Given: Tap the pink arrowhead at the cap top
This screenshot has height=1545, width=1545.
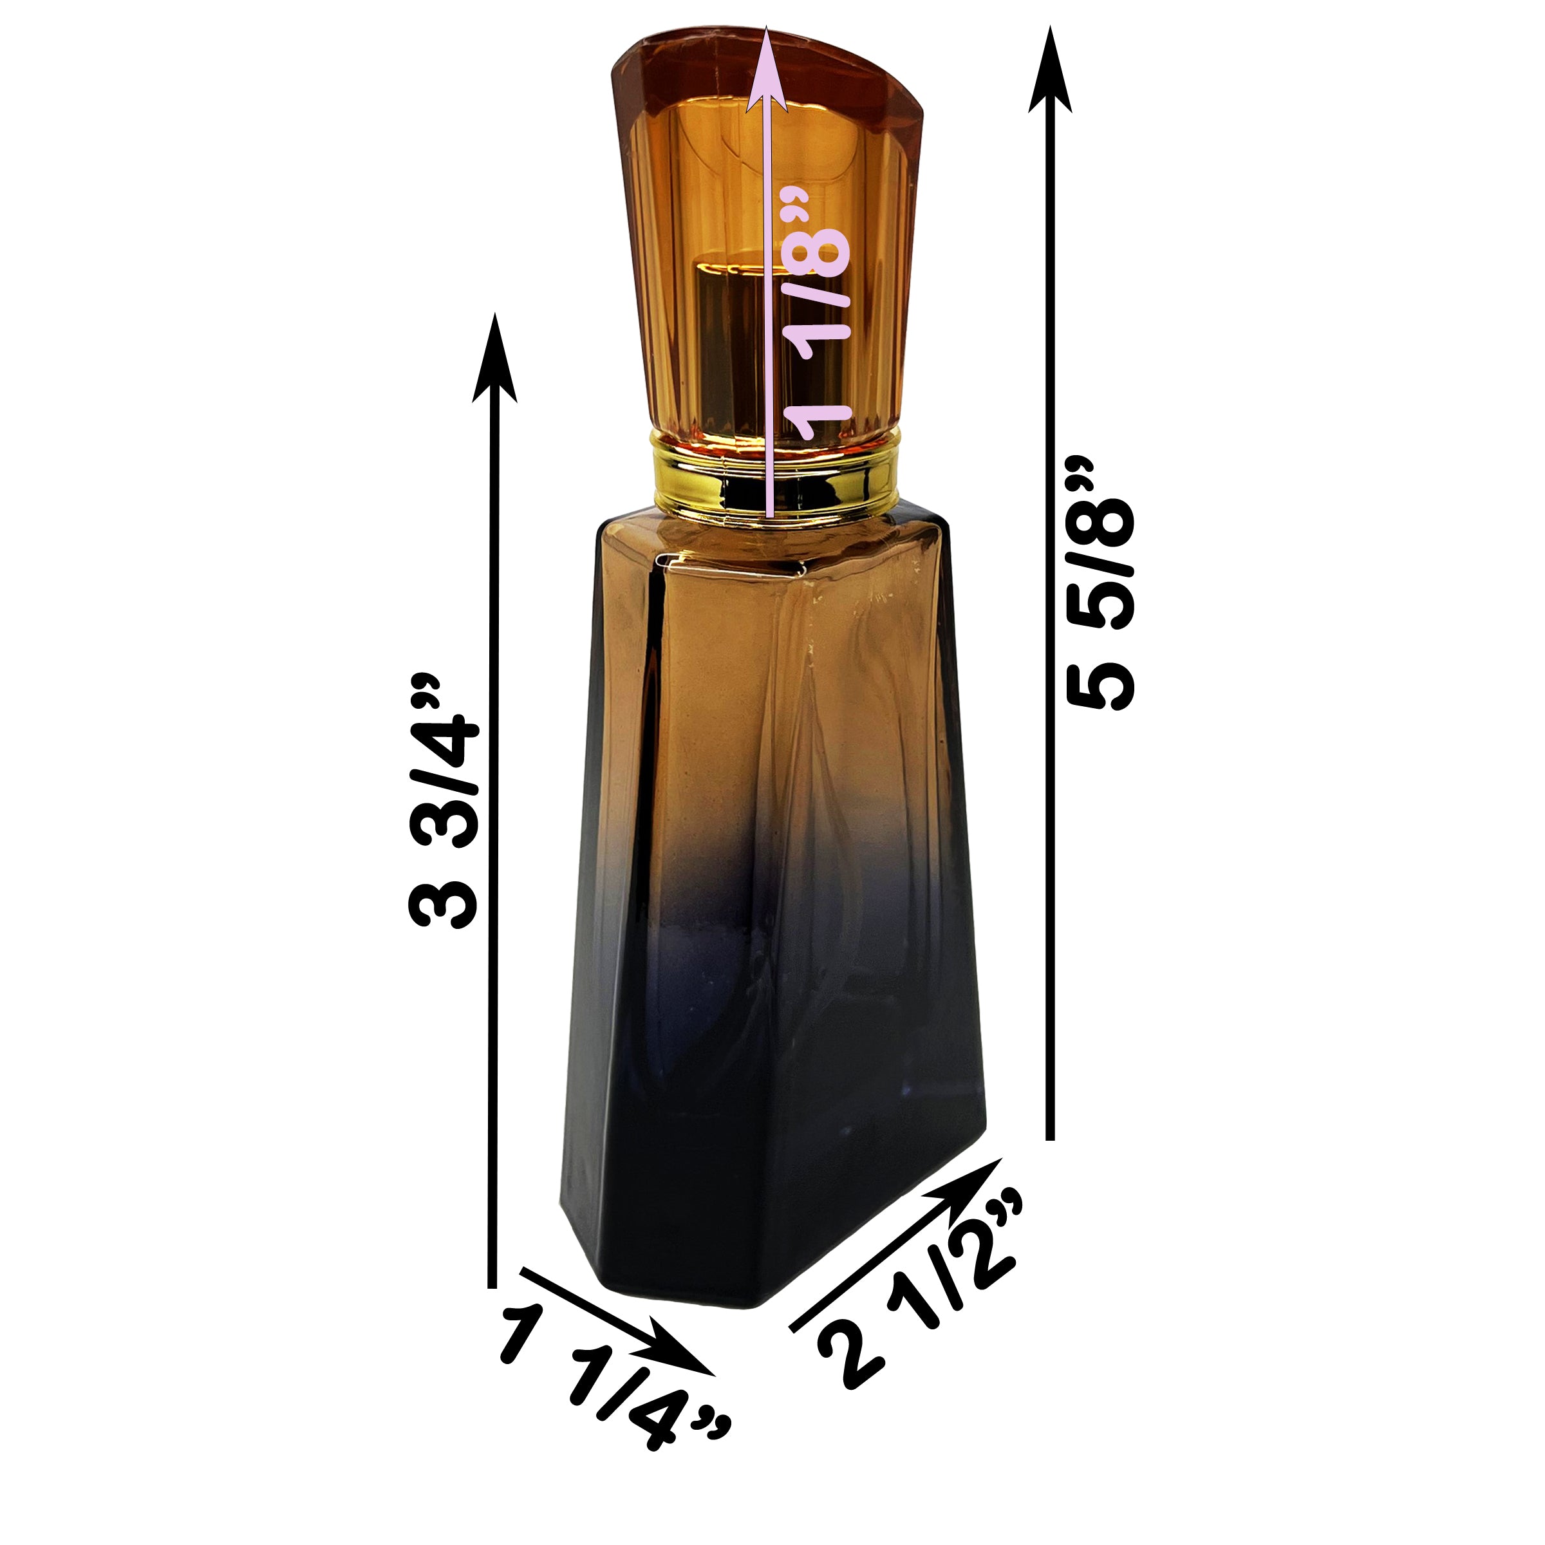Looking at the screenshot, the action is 767,68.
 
